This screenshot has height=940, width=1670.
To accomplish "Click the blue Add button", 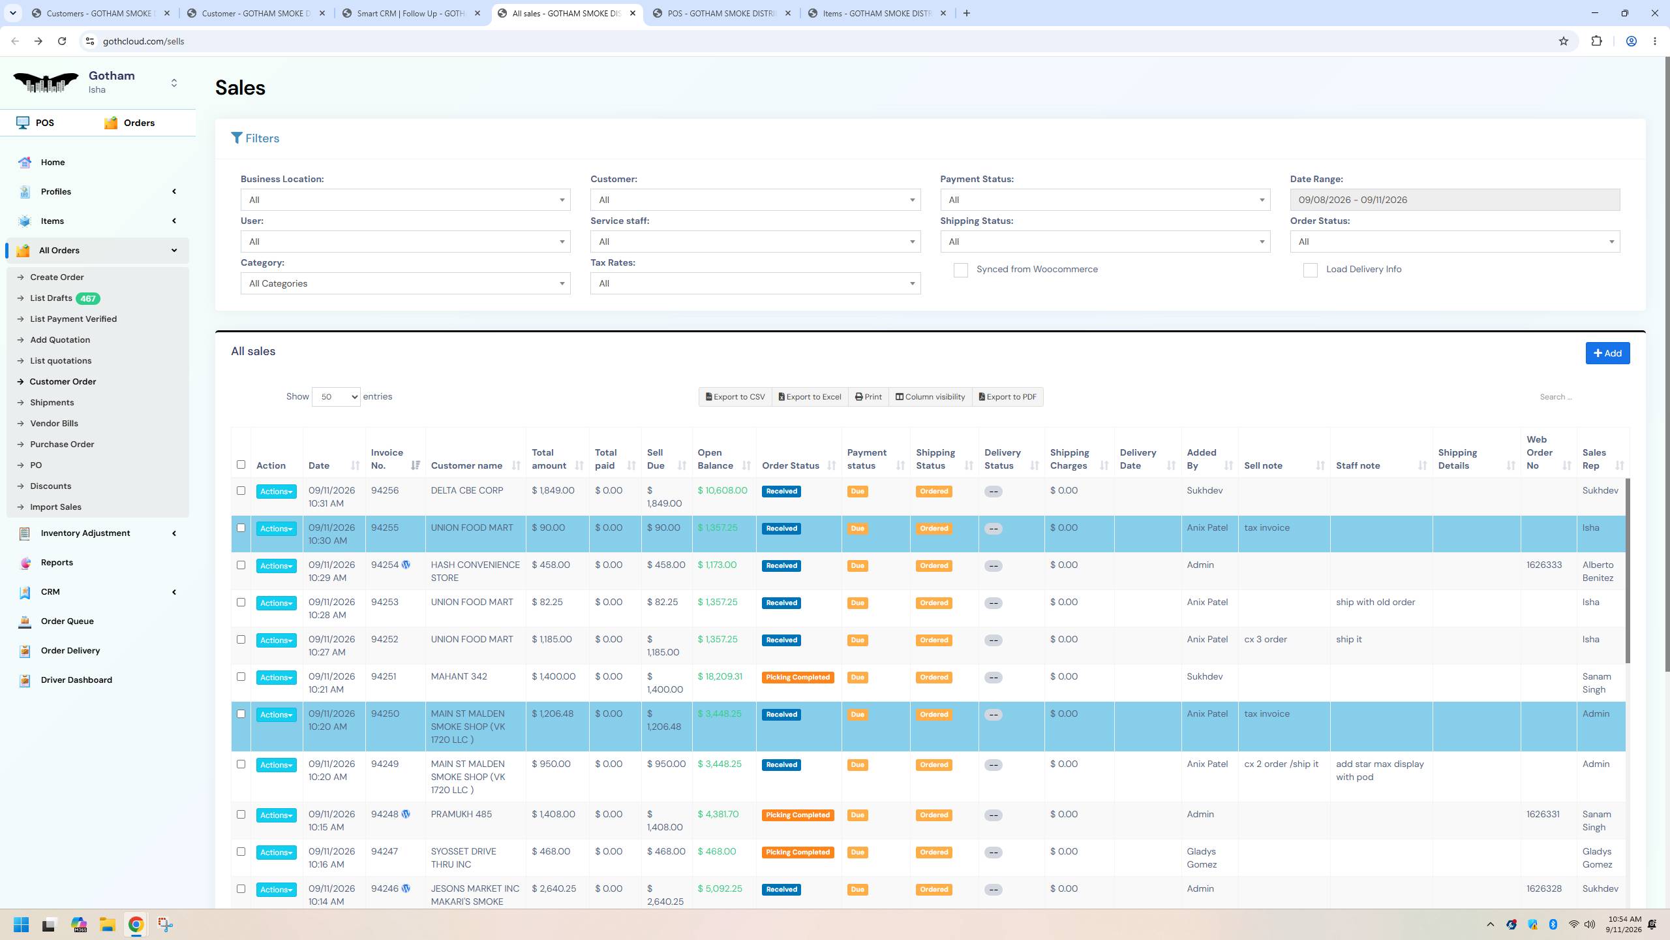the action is pyautogui.click(x=1607, y=353).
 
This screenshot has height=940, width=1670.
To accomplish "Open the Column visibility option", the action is pyautogui.click(x=930, y=397).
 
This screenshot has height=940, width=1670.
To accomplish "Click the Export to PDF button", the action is pyautogui.click(x=1007, y=397).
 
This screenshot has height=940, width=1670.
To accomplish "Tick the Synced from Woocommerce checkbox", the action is pyautogui.click(x=960, y=270).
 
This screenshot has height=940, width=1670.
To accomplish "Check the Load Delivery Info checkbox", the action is pyautogui.click(x=1310, y=270).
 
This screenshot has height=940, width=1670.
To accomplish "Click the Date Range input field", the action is pyautogui.click(x=1455, y=200).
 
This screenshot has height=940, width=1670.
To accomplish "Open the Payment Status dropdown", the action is pyautogui.click(x=1105, y=200).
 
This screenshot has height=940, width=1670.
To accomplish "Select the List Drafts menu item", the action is pyautogui.click(x=51, y=298).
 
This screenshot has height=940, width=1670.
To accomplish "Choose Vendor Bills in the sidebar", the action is pyautogui.click(x=54, y=424).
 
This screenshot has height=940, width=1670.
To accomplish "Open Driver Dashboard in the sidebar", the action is pyautogui.click(x=76, y=680).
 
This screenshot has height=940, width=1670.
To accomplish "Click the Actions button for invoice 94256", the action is pyautogui.click(x=276, y=492).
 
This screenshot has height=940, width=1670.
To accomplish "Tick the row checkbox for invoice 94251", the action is pyautogui.click(x=241, y=677).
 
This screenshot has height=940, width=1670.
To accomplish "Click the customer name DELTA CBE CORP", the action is pyautogui.click(x=467, y=491).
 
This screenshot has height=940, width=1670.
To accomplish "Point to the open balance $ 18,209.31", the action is pyautogui.click(x=720, y=677).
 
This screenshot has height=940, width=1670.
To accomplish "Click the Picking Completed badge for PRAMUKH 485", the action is pyautogui.click(x=798, y=815).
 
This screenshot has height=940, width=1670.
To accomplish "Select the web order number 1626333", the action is pyautogui.click(x=1543, y=565).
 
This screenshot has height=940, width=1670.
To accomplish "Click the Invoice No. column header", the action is pyautogui.click(x=387, y=459).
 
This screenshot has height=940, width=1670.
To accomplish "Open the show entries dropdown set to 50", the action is pyautogui.click(x=336, y=397).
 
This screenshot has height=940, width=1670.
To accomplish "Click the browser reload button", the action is pyautogui.click(x=62, y=41).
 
